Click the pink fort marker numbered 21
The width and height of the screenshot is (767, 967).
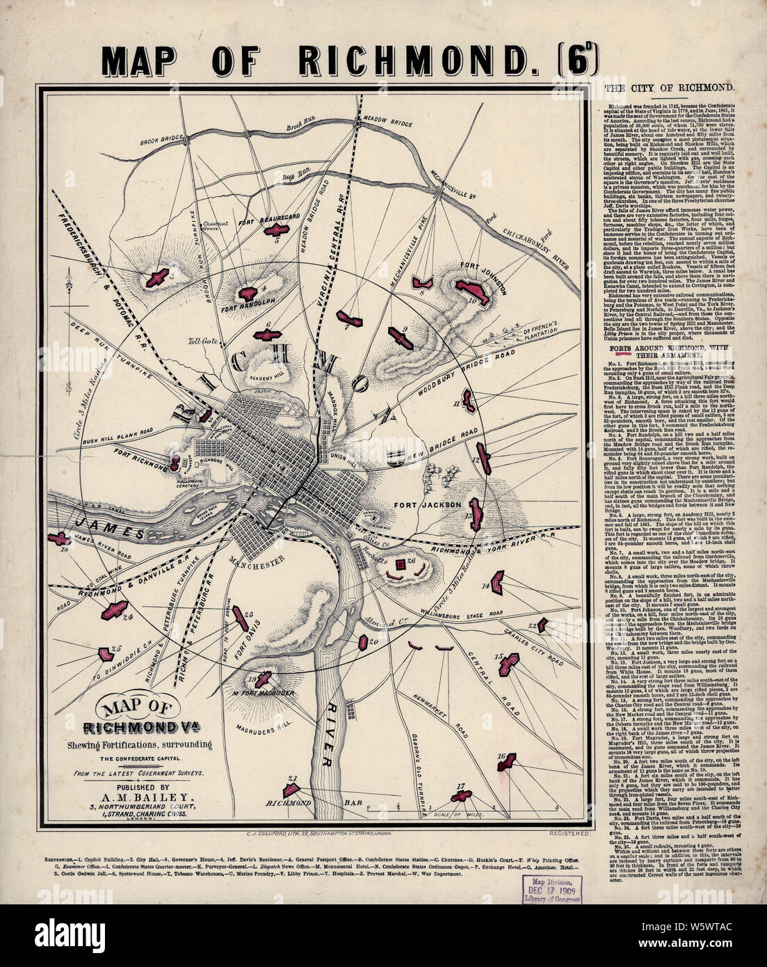pyautogui.click(x=293, y=790)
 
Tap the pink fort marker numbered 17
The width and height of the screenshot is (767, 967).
pyautogui.click(x=460, y=797)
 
